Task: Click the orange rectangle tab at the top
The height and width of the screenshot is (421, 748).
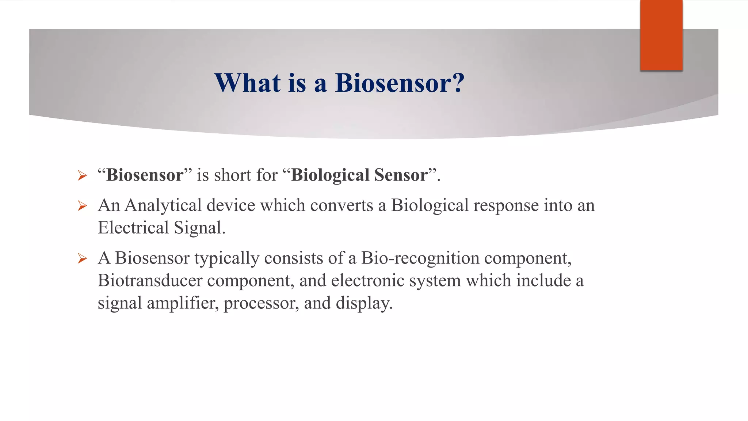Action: (661, 35)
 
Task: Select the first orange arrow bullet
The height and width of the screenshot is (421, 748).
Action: (82, 176)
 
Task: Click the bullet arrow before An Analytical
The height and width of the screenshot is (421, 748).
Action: (82, 206)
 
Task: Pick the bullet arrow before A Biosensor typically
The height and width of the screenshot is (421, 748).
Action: (82, 259)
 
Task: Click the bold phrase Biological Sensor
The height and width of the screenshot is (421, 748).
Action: (359, 175)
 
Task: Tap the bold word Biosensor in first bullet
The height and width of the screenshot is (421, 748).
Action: (145, 175)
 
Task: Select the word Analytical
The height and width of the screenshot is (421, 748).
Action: (163, 205)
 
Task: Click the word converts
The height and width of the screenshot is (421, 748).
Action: (341, 205)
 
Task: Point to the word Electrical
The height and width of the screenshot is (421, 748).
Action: (133, 228)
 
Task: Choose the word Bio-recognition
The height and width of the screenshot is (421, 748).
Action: (420, 258)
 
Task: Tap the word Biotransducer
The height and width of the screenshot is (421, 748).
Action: (150, 281)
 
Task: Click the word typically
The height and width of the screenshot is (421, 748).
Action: (226, 258)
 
